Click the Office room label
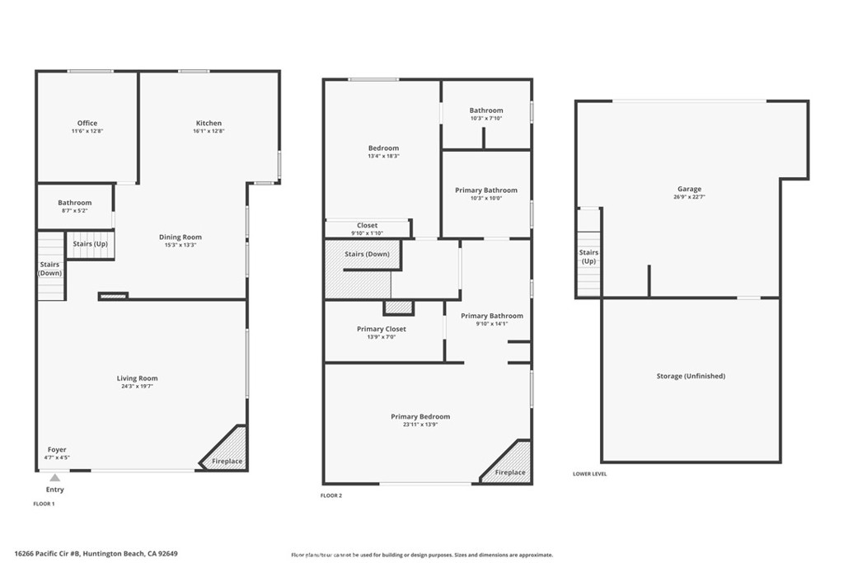click(87, 124)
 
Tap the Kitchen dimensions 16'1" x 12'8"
click(209, 131)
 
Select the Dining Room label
click(181, 237)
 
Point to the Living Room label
click(137, 378)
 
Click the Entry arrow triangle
click(54, 477)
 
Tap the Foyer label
click(56, 450)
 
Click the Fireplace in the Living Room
click(227, 461)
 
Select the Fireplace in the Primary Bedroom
click(510, 472)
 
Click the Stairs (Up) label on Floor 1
click(91, 244)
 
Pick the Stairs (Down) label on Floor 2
click(367, 254)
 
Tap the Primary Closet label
click(381, 329)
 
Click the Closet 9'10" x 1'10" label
click(367, 225)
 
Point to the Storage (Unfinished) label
click(691, 376)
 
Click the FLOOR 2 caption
click(331, 495)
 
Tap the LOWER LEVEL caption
click(589, 474)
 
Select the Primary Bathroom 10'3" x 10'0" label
click(486, 190)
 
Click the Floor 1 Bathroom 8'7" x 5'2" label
click(74, 203)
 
